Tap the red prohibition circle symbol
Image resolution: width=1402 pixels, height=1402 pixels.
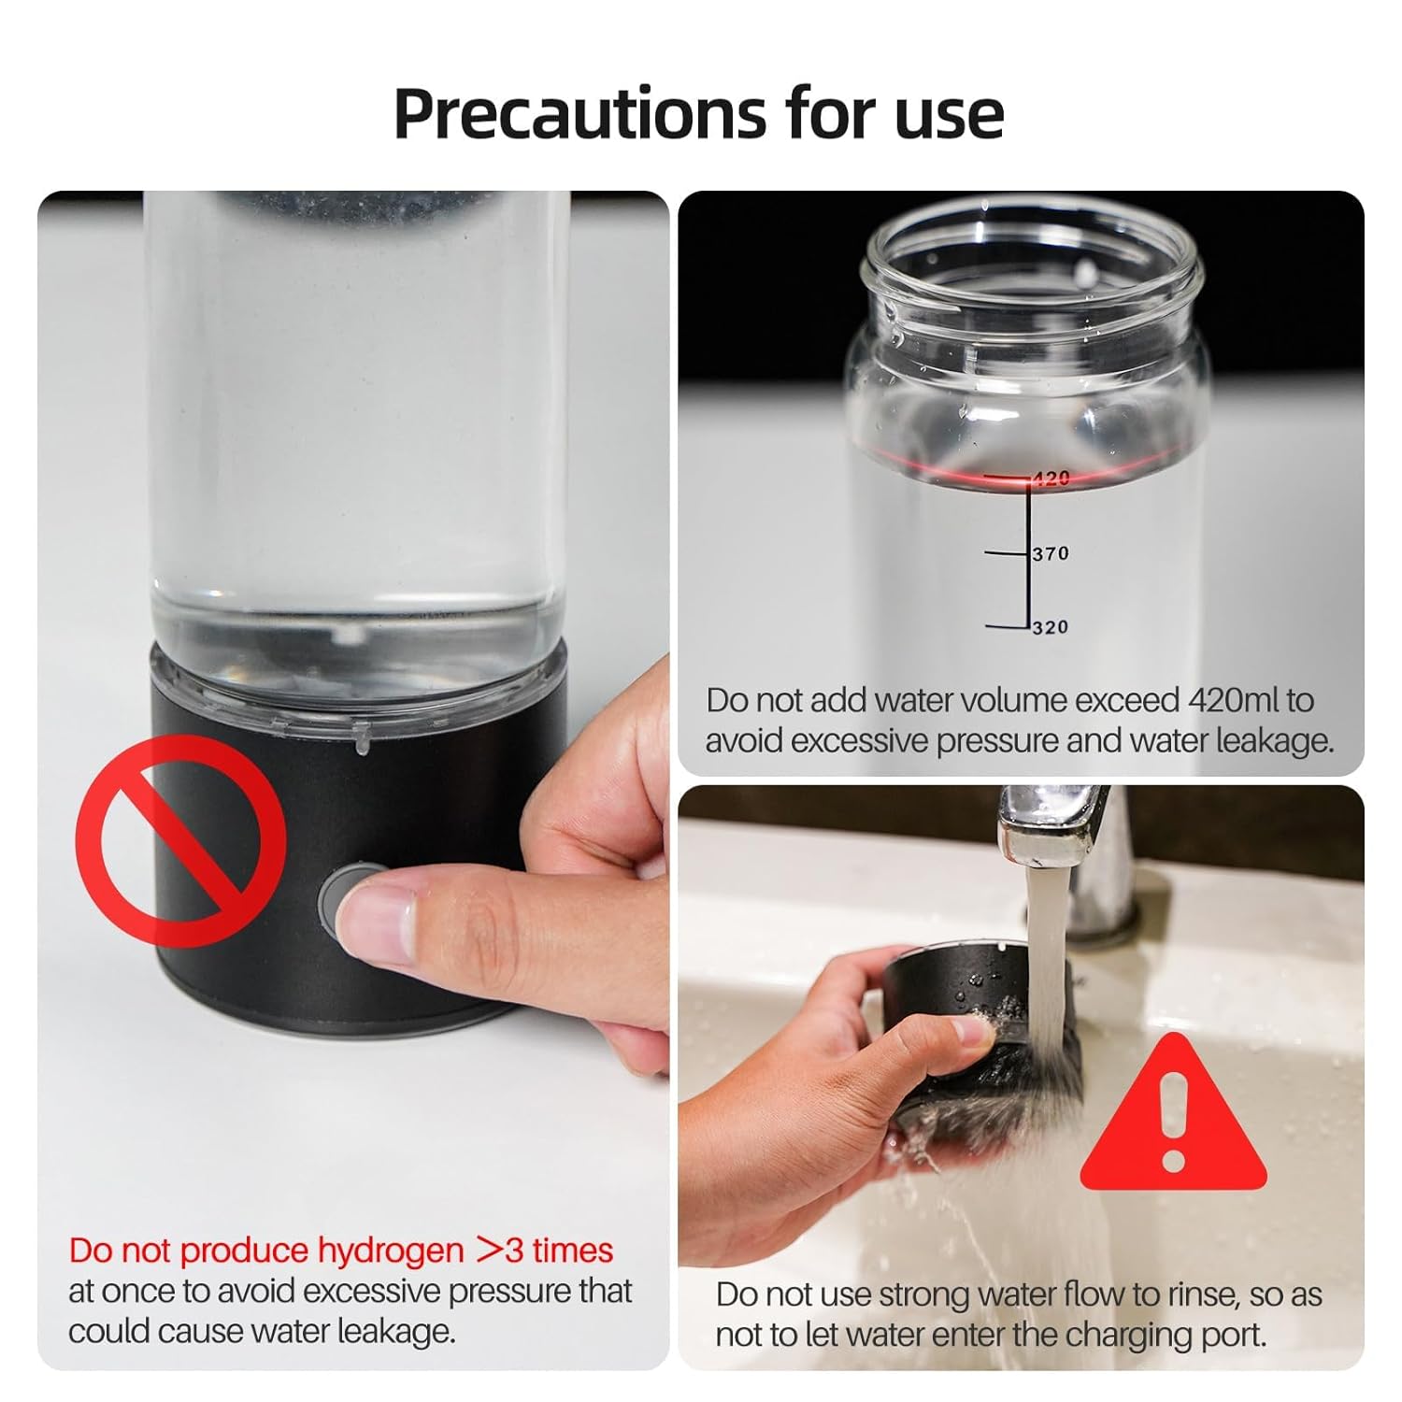pyautogui.click(x=180, y=840)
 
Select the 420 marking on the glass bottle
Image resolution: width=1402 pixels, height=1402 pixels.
pyautogui.click(x=1051, y=479)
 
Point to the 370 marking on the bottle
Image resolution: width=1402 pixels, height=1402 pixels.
pyautogui.click(x=1051, y=553)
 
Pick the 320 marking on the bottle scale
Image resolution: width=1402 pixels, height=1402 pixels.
pyautogui.click(x=1051, y=627)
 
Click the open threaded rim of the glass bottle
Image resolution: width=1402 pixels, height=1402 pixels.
pyautogui.click(x=1033, y=252)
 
